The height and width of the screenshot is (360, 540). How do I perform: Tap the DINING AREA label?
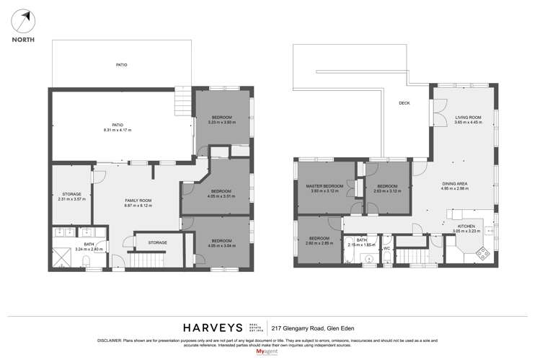(x=455, y=183)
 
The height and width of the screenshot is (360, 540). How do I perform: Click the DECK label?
(x=404, y=103)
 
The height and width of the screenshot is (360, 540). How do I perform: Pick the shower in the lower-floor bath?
(x=63, y=255)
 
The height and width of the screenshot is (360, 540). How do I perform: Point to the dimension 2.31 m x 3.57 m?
(x=71, y=198)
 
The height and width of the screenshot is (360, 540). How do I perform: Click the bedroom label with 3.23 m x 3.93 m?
(x=222, y=119)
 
